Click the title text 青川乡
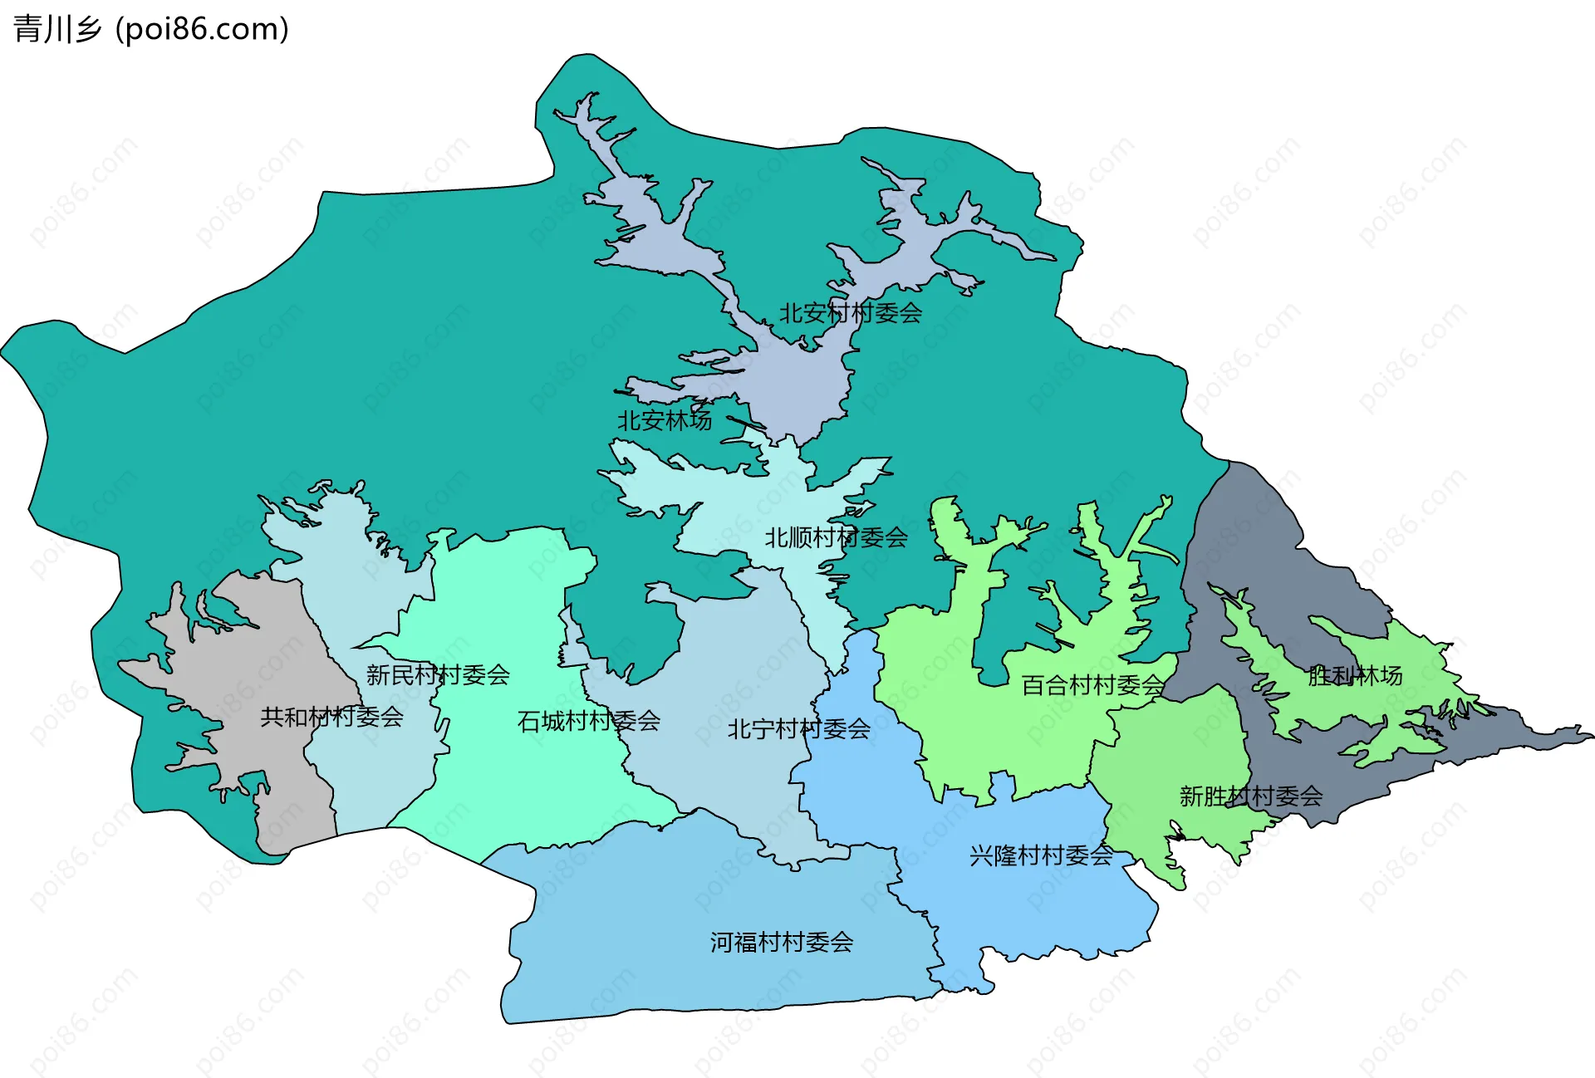pyautogui.click(x=56, y=30)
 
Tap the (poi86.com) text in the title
pyautogui.click(x=202, y=30)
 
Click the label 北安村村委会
pyautogui.click(x=850, y=313)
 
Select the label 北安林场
pyautogui.click(x=664, y=420)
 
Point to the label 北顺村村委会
pyautogui.click(x=836, y=538)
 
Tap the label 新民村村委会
pyautogui.click(x=438, y=674)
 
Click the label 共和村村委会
pyautogui.click(x=331, y=717)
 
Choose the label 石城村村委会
pyautogui.click(x=588, y=721)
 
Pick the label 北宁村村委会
pyautogui.click(x=798, y=729)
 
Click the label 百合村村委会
pyautogui.click(x=1092, y=685)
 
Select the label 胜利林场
pyautogui.click(x=1355, y=676)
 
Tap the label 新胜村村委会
pyautogui.click(x=1250, y=796)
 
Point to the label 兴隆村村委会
pyautogui.click(x=1041, y=855)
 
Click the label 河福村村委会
pyautogui.click(x=781, y=942)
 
